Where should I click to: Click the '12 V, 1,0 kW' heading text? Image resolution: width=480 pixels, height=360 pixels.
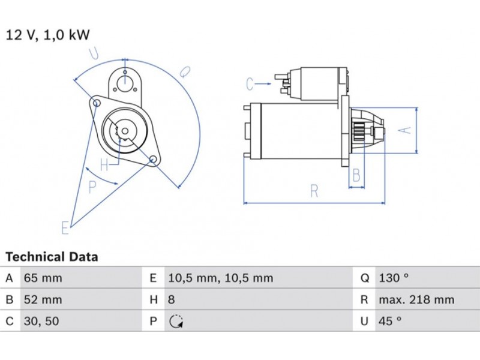coord(47,35)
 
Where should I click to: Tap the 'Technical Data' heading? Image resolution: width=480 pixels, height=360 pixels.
coord(52,257)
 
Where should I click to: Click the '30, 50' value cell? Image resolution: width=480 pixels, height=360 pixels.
coord(41,322)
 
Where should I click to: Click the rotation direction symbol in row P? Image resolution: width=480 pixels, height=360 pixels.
coord(175,322)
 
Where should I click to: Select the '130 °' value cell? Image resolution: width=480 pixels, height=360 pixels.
coord(393,278)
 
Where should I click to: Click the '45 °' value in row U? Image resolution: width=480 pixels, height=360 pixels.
coord(390,322)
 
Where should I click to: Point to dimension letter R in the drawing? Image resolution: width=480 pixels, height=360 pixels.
coord(314,191)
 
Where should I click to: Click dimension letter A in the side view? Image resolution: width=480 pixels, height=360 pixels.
coord(405,130)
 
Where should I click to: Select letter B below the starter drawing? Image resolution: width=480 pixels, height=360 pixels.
coord(356,176)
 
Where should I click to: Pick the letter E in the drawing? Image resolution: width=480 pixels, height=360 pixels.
coord(65,227)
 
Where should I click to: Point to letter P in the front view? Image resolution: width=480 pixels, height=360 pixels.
coord(92,187)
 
